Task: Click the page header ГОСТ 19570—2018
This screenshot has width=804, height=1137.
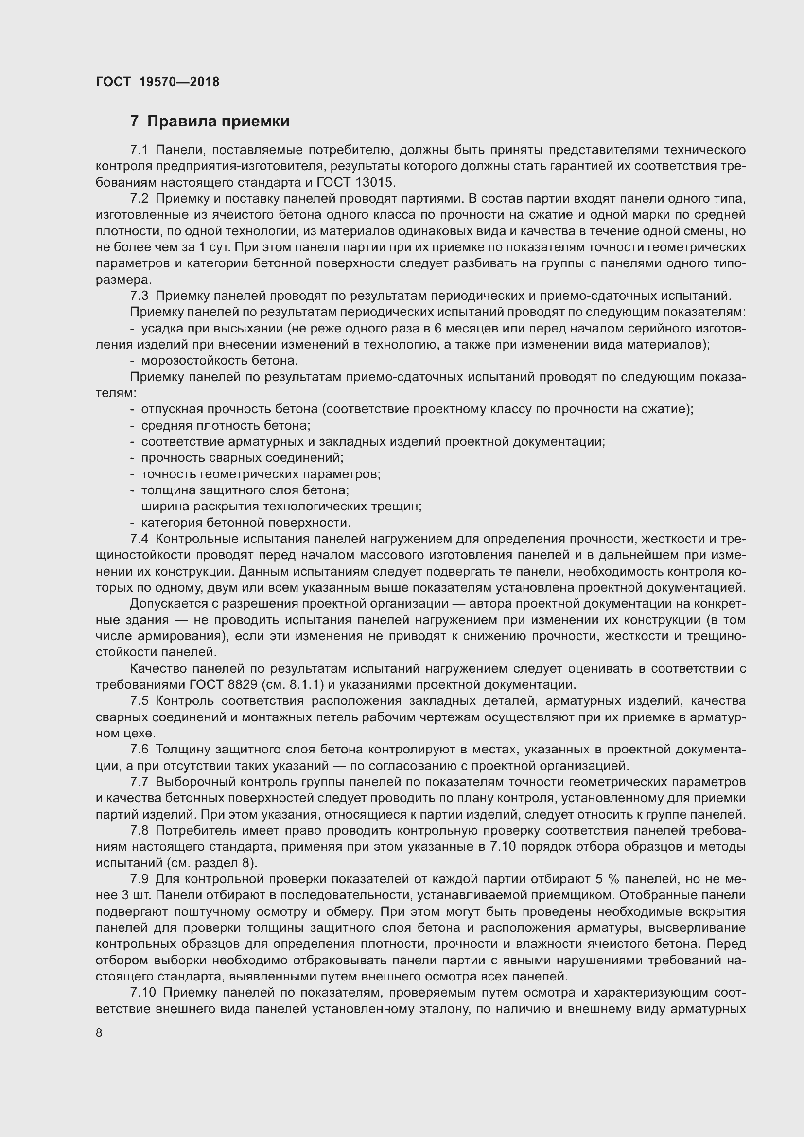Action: coord(157,82)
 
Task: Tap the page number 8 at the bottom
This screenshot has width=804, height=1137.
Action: coord(100,1032)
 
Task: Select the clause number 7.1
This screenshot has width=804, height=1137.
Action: coord(139,150)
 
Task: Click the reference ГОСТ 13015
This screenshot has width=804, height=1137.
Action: coord(354,182)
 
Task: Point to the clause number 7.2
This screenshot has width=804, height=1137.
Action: coord(139,199)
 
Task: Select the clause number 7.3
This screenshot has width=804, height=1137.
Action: coord(139,296)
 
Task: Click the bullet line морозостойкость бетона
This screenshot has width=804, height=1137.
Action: coord(219,361)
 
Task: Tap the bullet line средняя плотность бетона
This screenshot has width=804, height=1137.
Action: coord(225,425)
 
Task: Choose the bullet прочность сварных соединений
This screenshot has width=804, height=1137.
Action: coord(242,457)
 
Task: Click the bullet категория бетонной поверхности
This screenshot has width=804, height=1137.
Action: coord(245,523)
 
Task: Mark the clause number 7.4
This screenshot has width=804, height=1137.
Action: coord(139,539)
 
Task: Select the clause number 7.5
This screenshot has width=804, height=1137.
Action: coord(139,701)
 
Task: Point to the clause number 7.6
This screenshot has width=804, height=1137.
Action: coord(139,750)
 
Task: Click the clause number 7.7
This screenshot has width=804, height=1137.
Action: coord(139,782)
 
